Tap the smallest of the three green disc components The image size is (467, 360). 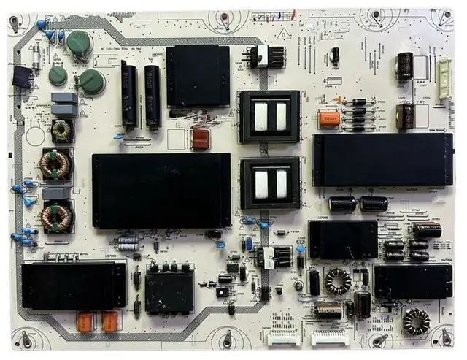point(58,75)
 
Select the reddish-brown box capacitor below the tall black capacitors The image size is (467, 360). point(201,139)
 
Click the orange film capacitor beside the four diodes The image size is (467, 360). point(330,119)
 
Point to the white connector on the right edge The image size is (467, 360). point(444,73)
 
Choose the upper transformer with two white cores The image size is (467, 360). point(270,116)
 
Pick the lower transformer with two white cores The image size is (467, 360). point(270,183)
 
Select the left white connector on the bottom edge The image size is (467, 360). point(284,336)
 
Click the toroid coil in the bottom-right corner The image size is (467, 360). point(417,321)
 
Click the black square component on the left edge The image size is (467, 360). point(22,77)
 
